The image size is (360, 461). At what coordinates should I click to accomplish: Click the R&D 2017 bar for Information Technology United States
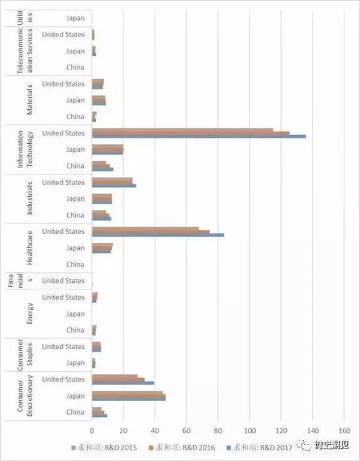198,137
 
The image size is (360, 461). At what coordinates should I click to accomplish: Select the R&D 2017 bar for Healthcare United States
157,235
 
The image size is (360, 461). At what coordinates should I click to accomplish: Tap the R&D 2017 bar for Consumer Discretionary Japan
128,399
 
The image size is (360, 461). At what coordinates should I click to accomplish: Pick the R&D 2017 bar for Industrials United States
113,186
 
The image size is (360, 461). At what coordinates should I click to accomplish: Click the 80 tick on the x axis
218,430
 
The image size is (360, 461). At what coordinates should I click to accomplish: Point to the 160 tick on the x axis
344,430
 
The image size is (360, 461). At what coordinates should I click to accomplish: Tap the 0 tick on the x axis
92,430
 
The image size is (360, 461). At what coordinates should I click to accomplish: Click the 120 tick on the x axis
281,430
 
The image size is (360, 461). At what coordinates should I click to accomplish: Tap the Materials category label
30,100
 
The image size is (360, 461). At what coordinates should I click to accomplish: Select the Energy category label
30,314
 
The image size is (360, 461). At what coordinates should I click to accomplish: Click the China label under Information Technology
75,166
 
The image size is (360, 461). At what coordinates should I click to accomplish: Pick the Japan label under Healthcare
75,248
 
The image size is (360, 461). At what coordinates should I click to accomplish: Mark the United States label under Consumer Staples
63,346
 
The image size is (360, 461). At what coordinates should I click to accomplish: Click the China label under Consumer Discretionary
75,412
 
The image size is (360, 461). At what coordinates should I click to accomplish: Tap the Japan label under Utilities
75,18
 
